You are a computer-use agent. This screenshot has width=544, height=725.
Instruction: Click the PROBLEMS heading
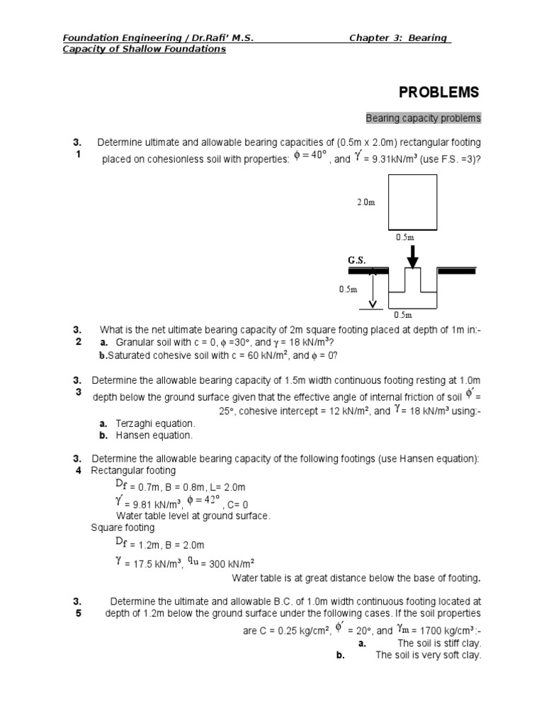[x=438, y=93]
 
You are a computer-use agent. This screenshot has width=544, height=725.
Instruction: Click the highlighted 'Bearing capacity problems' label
[x=423, y=118]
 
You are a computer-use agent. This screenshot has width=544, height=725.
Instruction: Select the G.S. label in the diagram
[x=356, y=260]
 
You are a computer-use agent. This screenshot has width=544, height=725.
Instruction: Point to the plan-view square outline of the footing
[x=412, y=202]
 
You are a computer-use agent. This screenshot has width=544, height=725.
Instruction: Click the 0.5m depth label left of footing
[x=348, y=289]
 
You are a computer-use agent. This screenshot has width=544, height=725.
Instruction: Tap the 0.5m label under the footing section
[x=403, y=314]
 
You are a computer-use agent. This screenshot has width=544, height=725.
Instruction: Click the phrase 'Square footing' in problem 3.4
[x=123, y=527]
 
